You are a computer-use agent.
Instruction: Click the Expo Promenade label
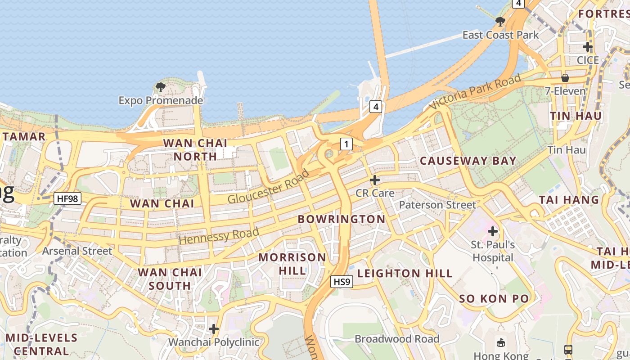tap(161, 100)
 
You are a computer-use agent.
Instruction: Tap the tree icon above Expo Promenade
tap(160, 87)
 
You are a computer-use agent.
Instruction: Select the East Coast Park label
tap(500, 35)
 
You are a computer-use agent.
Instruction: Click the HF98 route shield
tap(67, 198)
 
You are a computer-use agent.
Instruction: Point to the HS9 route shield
tap(342, 282)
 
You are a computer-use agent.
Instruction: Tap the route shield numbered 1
tap(346, 144)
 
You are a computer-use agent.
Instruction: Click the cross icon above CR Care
tap(374, 180)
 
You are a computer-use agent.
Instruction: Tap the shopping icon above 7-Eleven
tap(565, 78)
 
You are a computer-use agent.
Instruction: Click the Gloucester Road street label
tap(269, 186)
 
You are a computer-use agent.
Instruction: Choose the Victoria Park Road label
tap(475, 92)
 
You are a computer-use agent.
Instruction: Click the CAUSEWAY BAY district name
tap(468, 161)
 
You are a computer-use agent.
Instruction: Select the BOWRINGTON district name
tap(342, 219)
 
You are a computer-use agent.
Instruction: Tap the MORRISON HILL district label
tap(292, 264)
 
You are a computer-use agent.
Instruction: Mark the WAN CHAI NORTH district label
tap(195, 149)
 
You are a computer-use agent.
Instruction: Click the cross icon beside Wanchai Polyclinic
tap(214, 329)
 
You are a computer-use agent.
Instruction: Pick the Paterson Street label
tap(437, 205)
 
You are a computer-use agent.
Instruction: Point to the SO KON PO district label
tap(494, 299)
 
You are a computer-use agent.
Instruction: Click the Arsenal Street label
tap(77, 251)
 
